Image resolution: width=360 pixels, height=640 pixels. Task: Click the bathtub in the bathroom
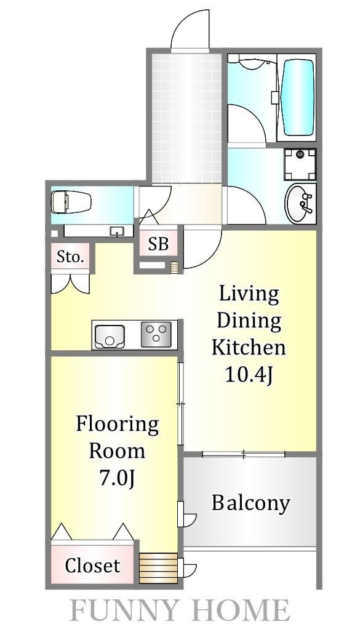pos(297,98)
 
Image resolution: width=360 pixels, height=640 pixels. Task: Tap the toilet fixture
pos(71,202)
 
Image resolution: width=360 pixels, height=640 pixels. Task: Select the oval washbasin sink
pos(300,203)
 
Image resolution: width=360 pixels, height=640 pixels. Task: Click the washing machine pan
pos(300,164)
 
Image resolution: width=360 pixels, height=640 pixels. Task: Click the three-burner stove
pos(156,334)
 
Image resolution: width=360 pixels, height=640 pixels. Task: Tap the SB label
pos(158,244)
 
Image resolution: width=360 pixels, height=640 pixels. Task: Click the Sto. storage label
pos(70,257)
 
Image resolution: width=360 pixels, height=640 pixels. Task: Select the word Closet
pos(93,566)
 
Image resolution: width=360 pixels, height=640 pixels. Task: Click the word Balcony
pos(250,504)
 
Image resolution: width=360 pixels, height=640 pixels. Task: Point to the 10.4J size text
pos(249,375)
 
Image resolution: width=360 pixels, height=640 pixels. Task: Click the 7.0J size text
pos(117,479)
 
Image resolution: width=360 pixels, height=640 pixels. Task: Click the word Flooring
pos(118,426)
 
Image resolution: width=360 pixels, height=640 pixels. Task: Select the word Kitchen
pos(249,347)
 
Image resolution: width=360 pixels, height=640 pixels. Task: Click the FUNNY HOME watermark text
pos(180,610)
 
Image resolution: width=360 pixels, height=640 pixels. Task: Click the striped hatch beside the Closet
pos(158,568)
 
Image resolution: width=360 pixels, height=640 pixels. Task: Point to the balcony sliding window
pos(244,454)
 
